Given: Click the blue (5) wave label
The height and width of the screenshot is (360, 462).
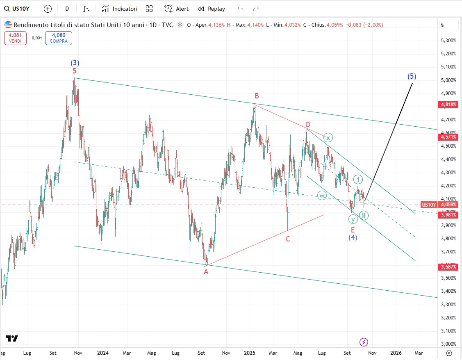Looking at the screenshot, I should pos(412,76).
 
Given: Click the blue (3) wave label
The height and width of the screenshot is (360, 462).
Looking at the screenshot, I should pos(75,63).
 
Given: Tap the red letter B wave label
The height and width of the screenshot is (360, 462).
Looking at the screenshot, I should pos(257,96).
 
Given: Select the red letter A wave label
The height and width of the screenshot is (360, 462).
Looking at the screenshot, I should pos(206,271).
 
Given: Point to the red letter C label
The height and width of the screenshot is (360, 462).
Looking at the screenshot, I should pos(288,239).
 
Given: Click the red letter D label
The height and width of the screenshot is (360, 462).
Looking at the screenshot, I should pos(308,125).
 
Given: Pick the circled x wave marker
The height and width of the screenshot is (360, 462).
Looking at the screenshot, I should pos(328,137).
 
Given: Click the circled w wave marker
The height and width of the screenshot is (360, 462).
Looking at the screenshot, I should pos(322,196).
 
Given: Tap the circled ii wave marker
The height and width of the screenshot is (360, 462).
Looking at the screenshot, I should pos(364,215).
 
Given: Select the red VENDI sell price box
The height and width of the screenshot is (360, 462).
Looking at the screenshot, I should pos(15,38).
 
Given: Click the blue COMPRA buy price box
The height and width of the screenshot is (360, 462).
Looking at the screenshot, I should pos(59,38).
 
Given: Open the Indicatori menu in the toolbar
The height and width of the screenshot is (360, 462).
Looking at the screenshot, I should pos(120,9).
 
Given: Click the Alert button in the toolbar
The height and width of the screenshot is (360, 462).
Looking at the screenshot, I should pos(177,9).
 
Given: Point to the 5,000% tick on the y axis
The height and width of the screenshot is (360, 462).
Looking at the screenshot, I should pos(448,80).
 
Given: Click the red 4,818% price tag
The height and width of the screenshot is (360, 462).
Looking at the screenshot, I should pos(448,105).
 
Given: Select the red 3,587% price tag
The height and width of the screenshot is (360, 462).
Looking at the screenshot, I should pos(448,267).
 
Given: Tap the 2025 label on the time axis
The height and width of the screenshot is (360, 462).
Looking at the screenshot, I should pos(250,353).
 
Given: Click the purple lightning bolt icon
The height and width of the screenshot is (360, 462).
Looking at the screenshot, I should pos(364,342).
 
